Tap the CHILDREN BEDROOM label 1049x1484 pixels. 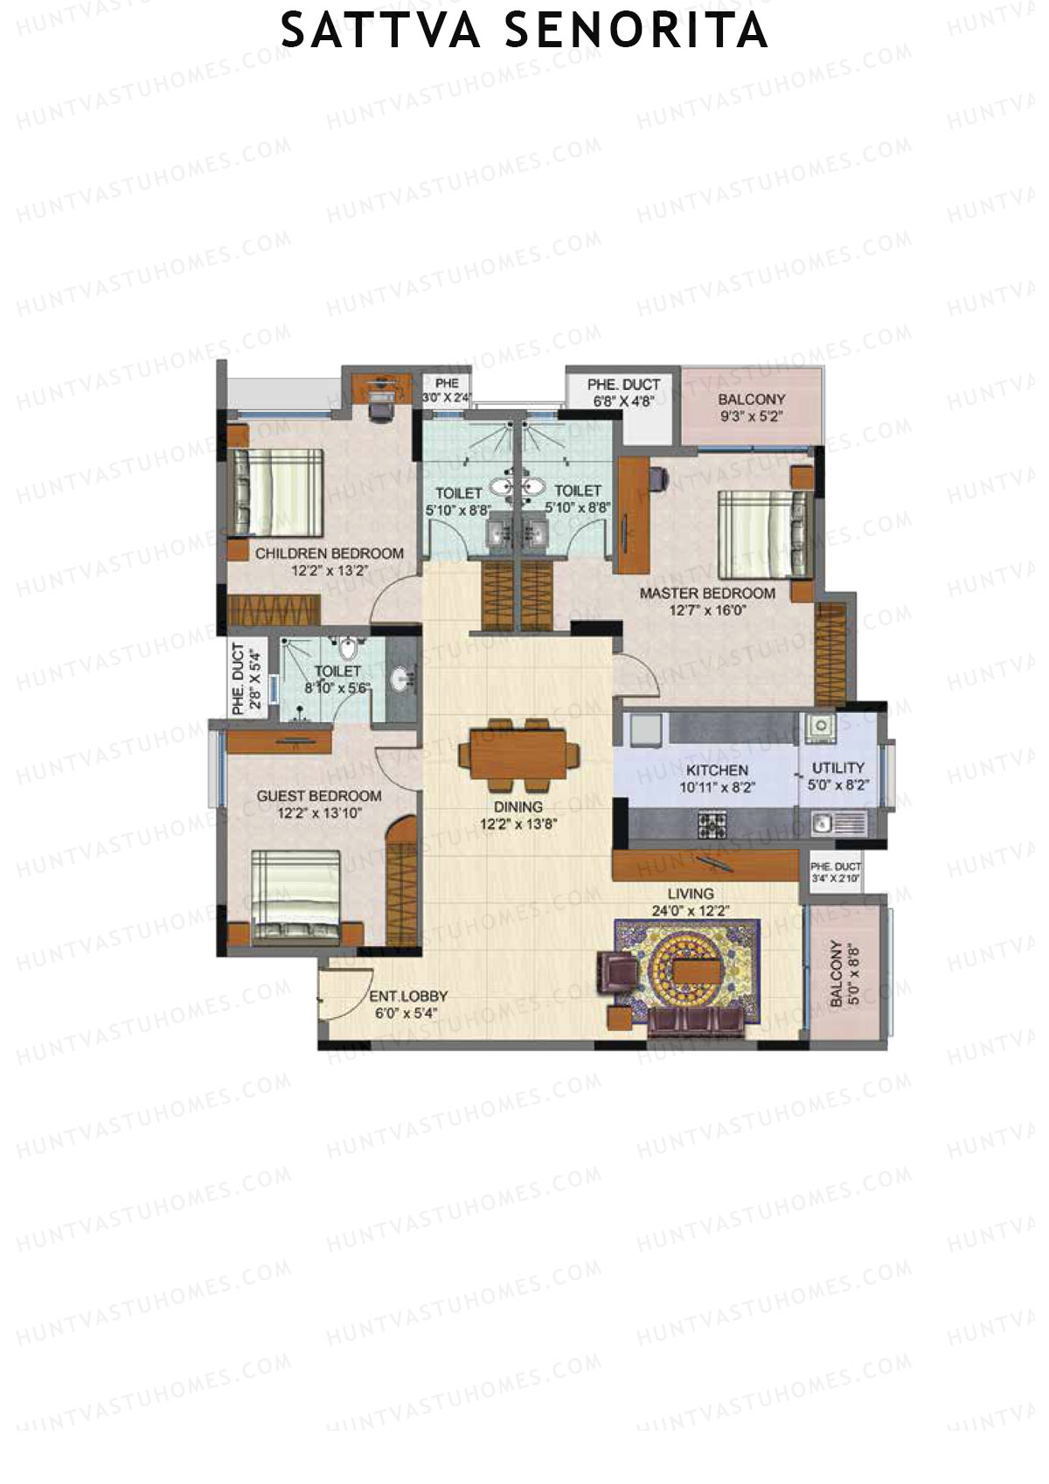coord(330,554)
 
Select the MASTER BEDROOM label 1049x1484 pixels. coord(707,593)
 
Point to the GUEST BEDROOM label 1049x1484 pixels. coord(319,796)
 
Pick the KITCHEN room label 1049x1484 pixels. coord(717,770)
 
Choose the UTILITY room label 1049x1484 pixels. coord(838,767)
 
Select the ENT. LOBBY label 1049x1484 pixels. coord(408,996)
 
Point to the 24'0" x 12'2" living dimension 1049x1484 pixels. coord(691,910)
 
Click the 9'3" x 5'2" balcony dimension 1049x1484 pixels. coord(752,416)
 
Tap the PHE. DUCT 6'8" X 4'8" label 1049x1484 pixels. coord(624,392)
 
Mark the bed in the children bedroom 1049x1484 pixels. coord(276,492)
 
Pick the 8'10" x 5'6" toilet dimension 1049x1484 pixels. coord(337,688)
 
